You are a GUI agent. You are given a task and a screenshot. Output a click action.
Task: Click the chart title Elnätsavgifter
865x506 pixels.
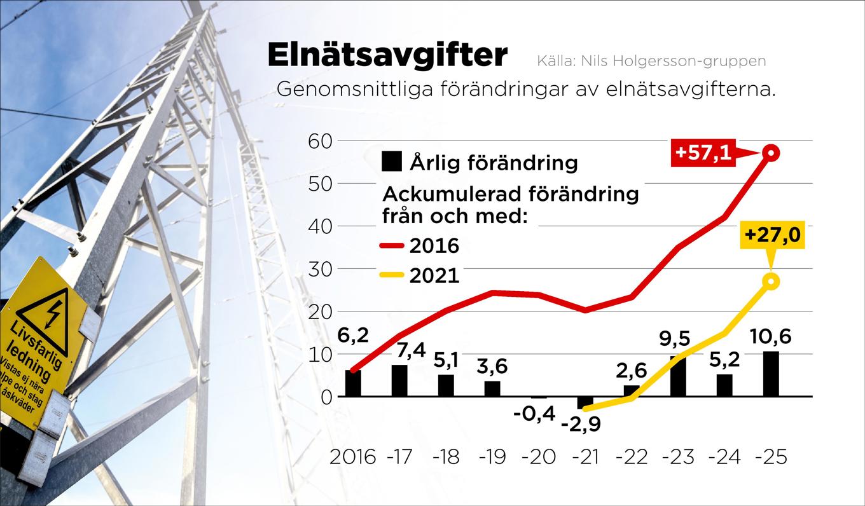tap(387, 55)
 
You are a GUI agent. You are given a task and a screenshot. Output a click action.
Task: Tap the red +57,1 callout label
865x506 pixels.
tap(702, 153)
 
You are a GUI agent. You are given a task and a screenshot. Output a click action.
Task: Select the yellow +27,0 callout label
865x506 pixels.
tap(772, 235)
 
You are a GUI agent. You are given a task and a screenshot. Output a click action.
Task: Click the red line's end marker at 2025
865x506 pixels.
tap(771, 153)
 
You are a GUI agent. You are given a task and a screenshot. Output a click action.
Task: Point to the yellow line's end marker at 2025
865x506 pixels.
tap(771, 281)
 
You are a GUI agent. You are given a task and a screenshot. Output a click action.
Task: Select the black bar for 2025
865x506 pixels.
tap(771, 374)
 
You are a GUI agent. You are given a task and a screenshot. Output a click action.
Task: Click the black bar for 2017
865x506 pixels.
tap(399, 381)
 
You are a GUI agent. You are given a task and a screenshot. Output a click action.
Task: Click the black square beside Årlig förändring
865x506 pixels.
tap(391, 162)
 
